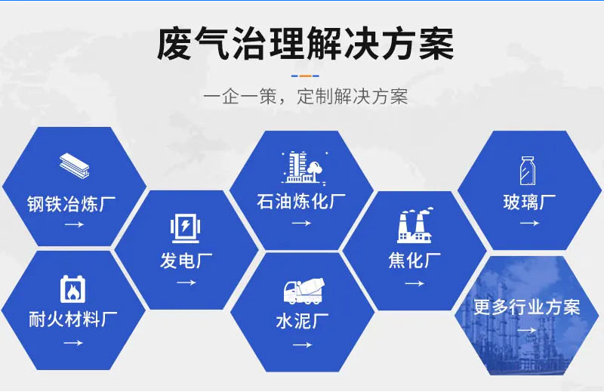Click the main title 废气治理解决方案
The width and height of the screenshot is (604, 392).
(x=305, y=44)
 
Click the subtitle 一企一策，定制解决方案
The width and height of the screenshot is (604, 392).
(x=305, y=97)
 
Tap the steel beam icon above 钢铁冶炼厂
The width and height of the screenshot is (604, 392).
(x=74, y=165)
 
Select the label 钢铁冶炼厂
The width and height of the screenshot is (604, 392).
(x=72, y=204)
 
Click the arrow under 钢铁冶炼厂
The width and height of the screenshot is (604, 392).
(x=74, y=225)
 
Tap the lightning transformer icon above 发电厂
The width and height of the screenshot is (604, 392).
(x=185, y=229)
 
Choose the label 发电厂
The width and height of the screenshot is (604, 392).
(x=186, y=261)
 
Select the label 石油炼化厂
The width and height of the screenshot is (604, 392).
(x=301, y=202)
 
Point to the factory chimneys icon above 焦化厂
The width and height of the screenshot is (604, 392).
(x=414, y=227)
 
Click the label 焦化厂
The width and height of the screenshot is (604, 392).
(x=414, y=261)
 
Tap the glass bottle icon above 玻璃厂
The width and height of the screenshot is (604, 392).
(x=527, y=171)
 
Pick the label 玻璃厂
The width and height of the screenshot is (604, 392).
(x=529, y=202)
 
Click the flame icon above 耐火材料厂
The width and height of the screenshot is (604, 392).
(x=72, y=289)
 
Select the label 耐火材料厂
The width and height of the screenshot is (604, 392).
(x=72, y=319)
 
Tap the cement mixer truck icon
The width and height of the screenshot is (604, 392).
(x=304, y=292)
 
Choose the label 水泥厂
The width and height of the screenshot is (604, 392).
(x=303, y=321)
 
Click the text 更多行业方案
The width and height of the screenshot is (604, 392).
(x=526, y=307)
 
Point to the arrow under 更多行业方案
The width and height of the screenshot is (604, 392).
(x=526, y=330)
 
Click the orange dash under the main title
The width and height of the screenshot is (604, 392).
(x=305, y=76)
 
